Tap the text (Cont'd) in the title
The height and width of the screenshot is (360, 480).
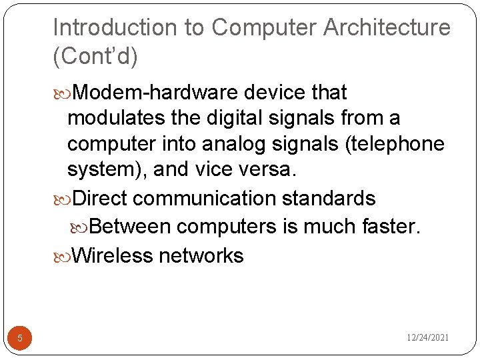click(95, 57)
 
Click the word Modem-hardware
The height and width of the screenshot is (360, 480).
click(153, 92)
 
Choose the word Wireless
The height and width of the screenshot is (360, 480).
click(112, 255)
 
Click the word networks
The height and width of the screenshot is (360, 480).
click(201, 255)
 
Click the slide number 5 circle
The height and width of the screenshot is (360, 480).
click(20, 338)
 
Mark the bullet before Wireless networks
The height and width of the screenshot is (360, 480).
click(62, 256)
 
